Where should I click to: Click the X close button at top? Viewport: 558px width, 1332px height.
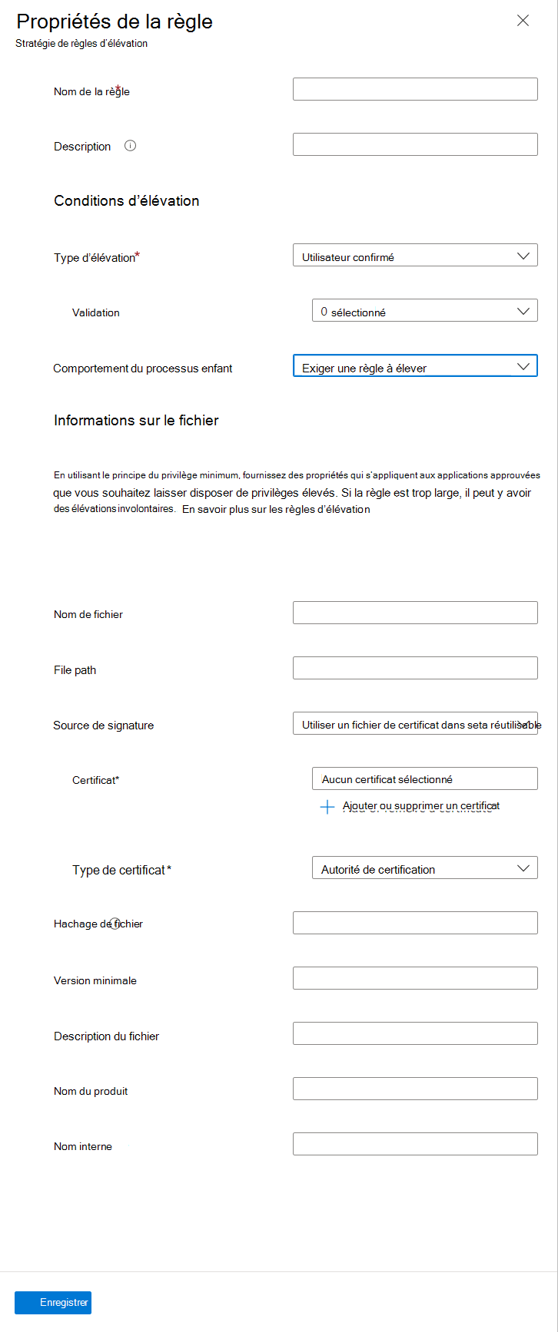523,21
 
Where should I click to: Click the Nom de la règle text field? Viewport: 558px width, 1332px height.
415,89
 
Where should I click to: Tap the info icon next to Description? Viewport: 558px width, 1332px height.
131,146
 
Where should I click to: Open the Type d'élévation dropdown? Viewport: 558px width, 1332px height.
415,256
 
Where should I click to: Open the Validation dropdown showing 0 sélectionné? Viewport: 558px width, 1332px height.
424,311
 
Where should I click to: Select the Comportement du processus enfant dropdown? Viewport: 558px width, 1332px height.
415,366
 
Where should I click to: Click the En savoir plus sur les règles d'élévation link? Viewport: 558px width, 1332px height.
276,509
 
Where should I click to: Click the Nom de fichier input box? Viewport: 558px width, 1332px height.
415,613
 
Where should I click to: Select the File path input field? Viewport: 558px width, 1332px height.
415,668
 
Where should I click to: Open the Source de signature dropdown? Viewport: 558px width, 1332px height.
415,723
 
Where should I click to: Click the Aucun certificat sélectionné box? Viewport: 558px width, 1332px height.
424,778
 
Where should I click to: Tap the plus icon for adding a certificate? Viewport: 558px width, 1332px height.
327,806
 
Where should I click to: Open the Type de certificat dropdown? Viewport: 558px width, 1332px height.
424,868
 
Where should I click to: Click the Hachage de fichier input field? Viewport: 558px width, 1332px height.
415,923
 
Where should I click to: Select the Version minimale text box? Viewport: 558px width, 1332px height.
415,978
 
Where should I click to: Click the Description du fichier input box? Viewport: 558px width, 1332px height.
415,1033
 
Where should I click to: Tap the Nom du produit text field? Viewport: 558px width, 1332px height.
415,1089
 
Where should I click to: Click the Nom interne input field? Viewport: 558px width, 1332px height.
415,1144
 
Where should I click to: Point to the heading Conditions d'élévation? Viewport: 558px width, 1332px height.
127,201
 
